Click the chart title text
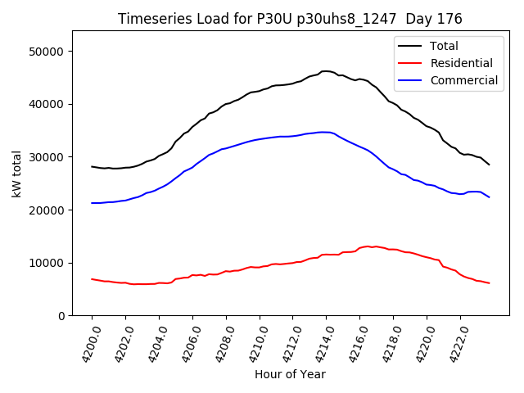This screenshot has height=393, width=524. tap(290, 19)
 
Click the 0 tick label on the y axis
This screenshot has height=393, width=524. tap(61, 316)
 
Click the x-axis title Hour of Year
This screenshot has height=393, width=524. tap(290, 374)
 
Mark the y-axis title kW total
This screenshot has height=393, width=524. tap(16, 173)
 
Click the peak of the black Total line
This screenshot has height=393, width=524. tap(326, 71)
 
